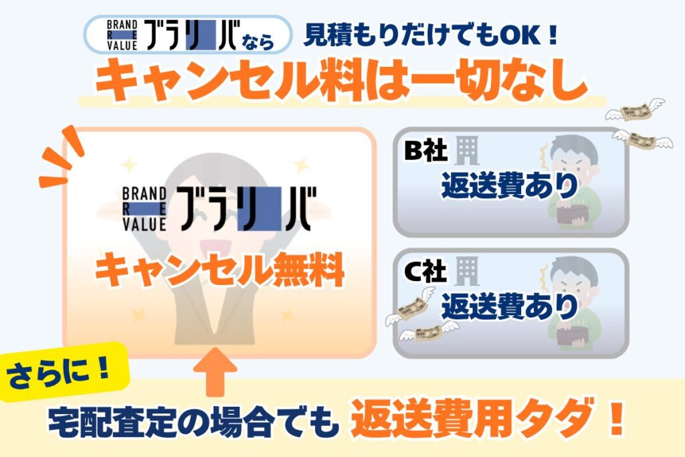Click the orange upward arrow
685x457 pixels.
(x=215, y=371)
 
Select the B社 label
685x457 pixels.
(x=426, y=151)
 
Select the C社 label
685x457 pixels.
(x=425, y=271)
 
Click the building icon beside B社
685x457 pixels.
(x=467, y=150)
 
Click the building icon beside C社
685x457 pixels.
(x=467, y=271)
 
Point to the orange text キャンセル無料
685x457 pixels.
(x=219, y=271)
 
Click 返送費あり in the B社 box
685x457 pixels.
(x=509, y=185)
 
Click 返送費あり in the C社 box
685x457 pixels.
(x=509, y=306)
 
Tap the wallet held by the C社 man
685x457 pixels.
(x=573, y=335)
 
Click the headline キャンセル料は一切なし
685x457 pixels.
(x=342, y=80)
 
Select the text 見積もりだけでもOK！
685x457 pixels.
(x=430, y=35)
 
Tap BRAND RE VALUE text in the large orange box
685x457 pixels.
(x=144, y=209)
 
